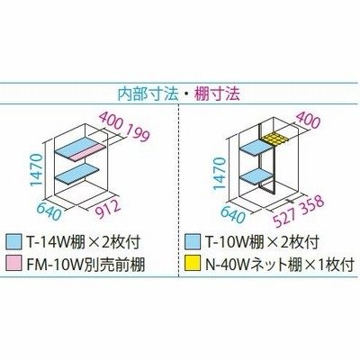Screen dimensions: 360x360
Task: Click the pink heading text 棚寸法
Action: point(217,94)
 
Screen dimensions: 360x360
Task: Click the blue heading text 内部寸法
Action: point(148,94)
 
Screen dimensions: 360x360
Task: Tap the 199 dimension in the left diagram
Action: point(137,132)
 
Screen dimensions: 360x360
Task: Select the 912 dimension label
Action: point(107,208)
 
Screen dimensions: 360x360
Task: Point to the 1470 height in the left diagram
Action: point(37,170)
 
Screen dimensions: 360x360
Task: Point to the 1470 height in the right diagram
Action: point(220,174)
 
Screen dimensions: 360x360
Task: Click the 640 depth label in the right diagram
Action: point(232,213)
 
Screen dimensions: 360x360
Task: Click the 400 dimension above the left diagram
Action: point(111,120)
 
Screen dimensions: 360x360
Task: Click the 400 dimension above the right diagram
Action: point(308,120)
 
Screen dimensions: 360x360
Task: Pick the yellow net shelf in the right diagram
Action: point(274,139)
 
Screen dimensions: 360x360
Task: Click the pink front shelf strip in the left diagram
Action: point(88,152)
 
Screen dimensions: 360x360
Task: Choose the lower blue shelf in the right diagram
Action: point(256,177)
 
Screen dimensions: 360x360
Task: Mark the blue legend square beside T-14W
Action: point(13,242)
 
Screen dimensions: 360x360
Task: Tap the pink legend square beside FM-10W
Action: point(13,263)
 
